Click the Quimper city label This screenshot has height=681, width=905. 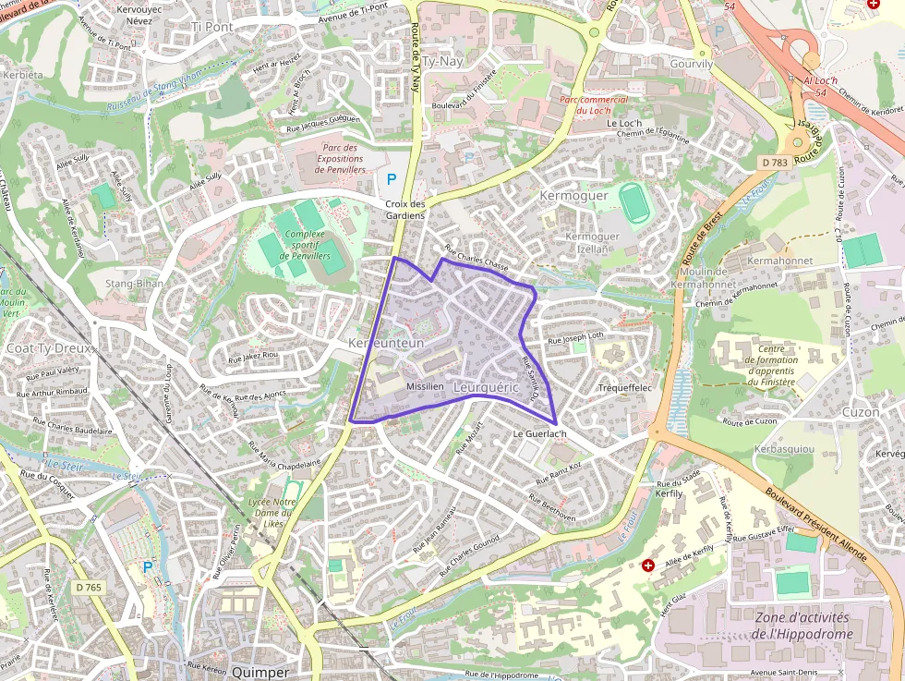[260, 672]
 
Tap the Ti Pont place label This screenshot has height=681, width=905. [211, 27]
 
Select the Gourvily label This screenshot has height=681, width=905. [692, 64]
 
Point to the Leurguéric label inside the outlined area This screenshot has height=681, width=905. [486, 388]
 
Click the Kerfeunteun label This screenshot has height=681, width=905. [386, 343]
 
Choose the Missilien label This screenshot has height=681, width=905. [424, 386]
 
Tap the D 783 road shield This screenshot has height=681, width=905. [775, 163]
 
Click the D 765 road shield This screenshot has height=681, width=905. [90, 587]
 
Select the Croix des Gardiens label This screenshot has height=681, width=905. [404, 210]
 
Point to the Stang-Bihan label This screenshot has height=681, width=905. [135, 284]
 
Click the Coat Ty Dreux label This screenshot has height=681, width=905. [50, 348]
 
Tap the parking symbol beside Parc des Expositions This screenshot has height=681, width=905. [392, 178]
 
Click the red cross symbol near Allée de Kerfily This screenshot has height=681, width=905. [648, 564]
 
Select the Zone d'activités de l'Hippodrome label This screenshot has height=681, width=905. [802, 626]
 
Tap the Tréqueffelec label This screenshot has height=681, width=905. [625, 388]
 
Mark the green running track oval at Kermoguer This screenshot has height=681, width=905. [633, 202]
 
